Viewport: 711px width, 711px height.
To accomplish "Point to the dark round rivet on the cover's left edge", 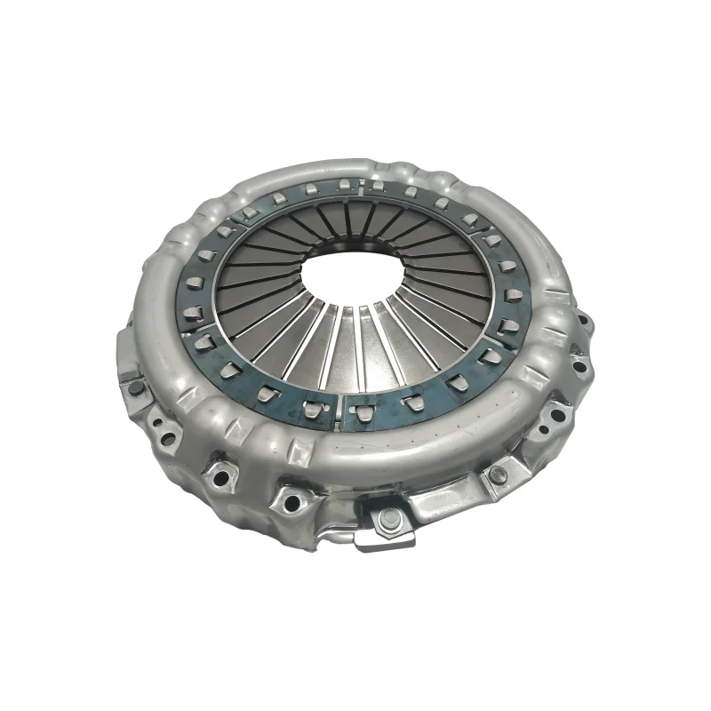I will pos(135,387).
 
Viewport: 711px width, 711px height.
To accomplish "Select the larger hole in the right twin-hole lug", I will pos(556,413).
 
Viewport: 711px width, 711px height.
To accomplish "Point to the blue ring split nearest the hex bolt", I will pos(344,409).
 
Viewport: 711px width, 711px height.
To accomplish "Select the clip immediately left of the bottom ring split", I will pos(314,408).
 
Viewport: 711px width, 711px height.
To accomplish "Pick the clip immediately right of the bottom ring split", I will pos(363,410).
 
